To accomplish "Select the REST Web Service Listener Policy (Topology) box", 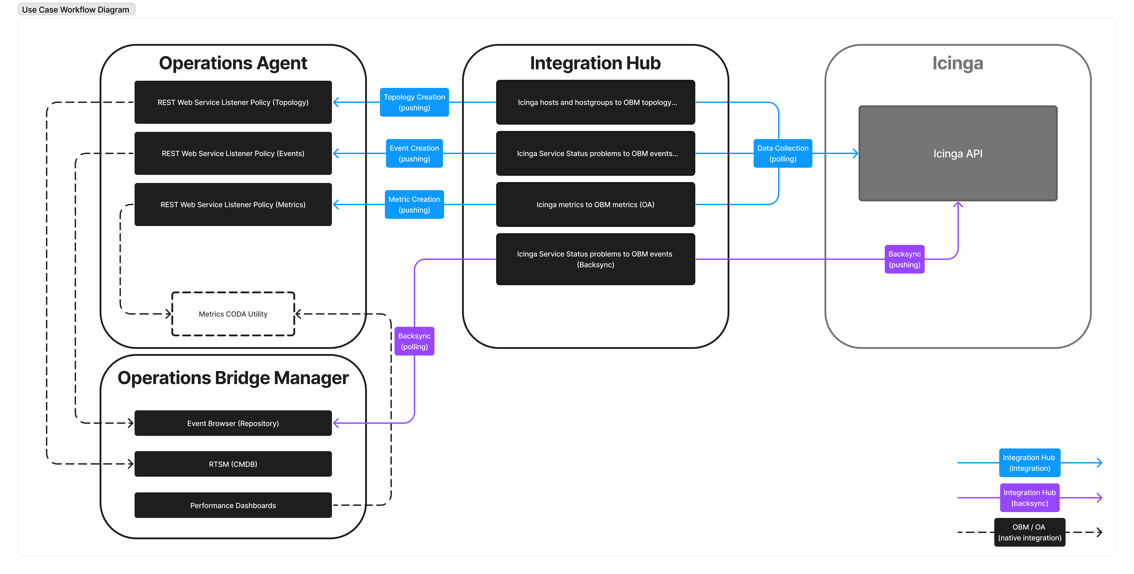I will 233,102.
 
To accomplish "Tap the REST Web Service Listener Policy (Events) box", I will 233,153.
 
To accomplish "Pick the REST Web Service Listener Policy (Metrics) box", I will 233,204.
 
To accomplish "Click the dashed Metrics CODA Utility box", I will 233,314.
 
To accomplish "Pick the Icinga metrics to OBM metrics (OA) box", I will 595,204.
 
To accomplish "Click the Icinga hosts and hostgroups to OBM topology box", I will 595,102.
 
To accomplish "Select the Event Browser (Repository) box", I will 233,423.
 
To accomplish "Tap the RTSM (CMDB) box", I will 233,464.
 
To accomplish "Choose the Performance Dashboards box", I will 233,505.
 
